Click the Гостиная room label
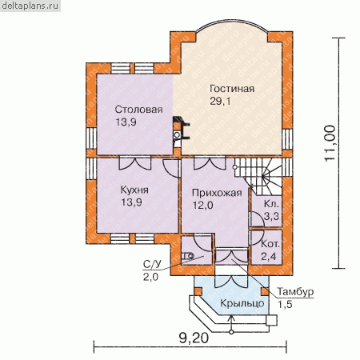coord(232,89)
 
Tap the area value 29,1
coord(220,101)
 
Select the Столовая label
coord(138,110)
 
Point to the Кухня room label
coord(134,190)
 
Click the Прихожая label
coord(217,193)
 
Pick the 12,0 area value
coord(202,205)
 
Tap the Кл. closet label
coord(271,204)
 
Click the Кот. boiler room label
coord(270,244)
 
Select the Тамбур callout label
coord(295,291)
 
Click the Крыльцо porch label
coord(242,303)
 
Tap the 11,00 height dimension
coord(330,143)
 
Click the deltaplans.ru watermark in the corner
coord(30,6)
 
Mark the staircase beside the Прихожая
coord(258,176)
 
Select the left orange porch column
coord(198,291)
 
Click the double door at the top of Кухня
coord(135,163)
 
